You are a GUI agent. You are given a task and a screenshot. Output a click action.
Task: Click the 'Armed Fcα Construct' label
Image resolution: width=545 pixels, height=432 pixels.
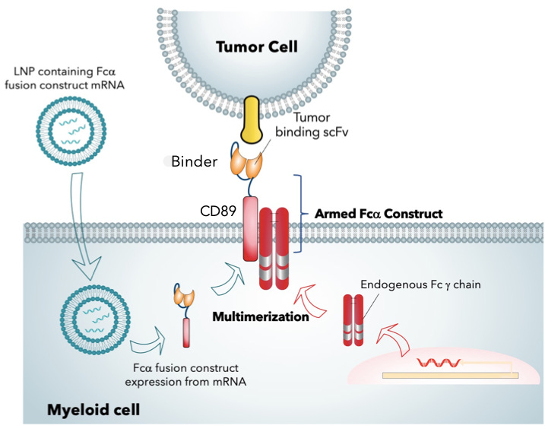pos(378,214)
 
